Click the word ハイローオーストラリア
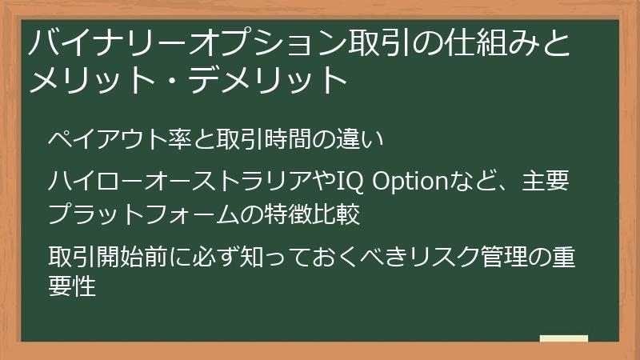[179, 182]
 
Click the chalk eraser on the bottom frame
[564, 338]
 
